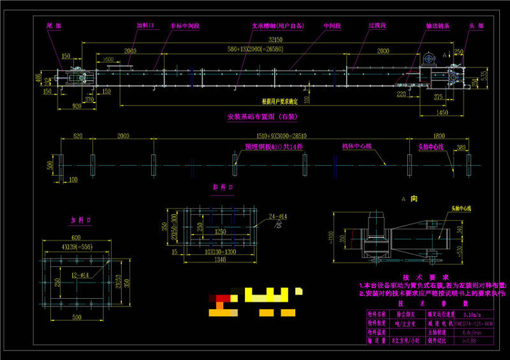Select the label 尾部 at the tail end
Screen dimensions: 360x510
click(x=54, y=26)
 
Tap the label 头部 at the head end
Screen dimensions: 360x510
click(x=476, y=26)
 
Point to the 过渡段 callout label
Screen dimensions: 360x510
click(x=377, y=26)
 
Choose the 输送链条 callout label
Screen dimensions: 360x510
click(x=438, y=26)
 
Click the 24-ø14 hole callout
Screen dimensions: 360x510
click(x=278, y=217)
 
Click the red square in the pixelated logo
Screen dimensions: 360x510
click(x=221, y=296)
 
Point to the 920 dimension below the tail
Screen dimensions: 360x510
click(x=76, y=106)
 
